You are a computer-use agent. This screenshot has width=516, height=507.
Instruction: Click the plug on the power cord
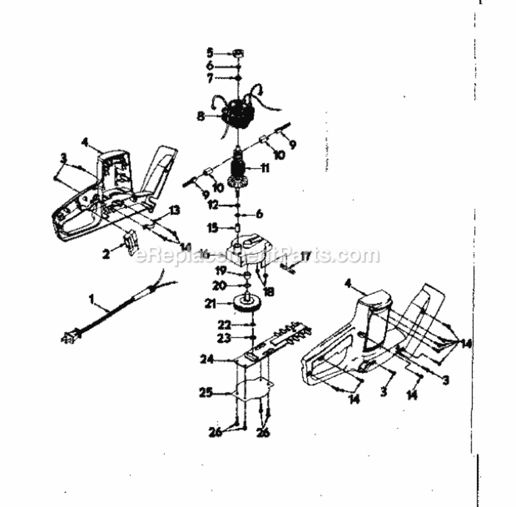coord(70,336)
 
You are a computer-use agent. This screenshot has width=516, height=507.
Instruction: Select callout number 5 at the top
coord(210,52)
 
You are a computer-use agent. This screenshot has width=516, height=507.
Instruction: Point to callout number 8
coord(201,116)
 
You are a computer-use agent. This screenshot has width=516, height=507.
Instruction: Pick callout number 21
coord(210,304)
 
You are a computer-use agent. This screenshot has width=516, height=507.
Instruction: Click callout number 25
coord(205,391)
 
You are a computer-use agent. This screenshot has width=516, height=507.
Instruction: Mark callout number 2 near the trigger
coord(105,254)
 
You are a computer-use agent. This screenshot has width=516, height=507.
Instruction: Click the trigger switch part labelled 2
coord(130,241)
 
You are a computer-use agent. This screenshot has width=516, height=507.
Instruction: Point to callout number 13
coord(175,211)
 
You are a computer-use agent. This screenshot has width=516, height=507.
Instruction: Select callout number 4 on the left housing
coord(85,142)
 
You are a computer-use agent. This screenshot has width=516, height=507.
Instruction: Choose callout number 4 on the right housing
coord(349,285)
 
